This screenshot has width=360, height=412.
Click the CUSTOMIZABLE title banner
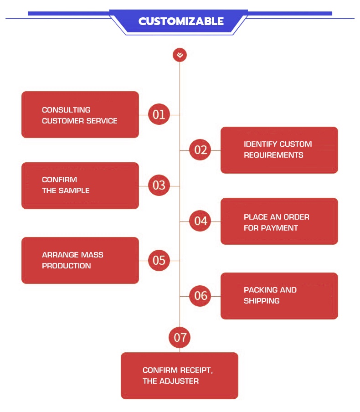(181, 21)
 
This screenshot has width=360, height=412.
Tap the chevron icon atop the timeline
(180, 56)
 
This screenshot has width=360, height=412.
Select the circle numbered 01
(159, 114)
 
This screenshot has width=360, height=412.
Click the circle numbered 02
(201, 149)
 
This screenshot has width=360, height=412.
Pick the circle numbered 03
(159, 185)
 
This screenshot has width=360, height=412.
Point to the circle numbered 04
(201, 221)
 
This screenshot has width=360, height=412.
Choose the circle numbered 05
(159, 260)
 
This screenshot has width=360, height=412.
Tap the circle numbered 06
(201, 296)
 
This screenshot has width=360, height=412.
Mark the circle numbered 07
(180, 338)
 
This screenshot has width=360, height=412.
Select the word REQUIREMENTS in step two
(273, 155)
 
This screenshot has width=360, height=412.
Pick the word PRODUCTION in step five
(67, 266)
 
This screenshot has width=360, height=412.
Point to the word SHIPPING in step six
(262, 301)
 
